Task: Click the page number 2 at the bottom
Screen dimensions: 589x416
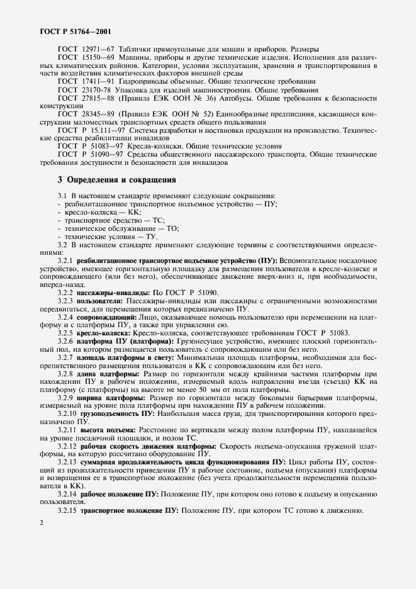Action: (x=40, y=522)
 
